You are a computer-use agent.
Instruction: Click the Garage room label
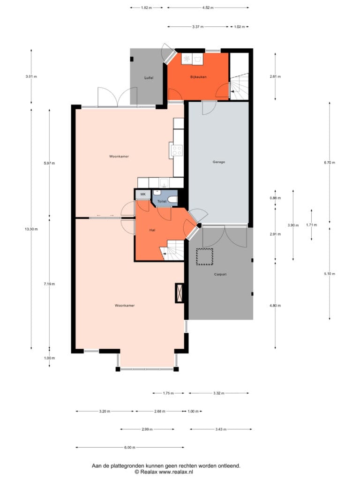click(218, 162)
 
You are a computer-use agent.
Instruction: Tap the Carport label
click(220, 274)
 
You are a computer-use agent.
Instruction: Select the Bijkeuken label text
click(198, 77)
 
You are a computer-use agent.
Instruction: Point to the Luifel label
click(149, 78)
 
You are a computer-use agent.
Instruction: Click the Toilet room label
click(162, 202)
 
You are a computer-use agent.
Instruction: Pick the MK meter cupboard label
click(143, 195)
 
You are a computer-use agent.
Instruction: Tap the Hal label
click(152, 230)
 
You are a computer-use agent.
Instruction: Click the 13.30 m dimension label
click(31, 229)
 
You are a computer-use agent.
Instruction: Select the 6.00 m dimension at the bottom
click(129, 448)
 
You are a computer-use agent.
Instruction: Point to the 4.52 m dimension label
click(208, 7)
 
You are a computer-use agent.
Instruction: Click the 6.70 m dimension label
click(330, 163)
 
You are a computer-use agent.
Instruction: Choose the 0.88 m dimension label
click(275, 198)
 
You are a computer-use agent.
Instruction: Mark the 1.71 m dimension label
click(312, 225)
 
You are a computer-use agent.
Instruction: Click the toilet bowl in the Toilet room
click(173, 200)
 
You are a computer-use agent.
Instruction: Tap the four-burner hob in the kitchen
click(177, 150)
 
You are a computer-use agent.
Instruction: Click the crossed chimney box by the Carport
click(180, 293)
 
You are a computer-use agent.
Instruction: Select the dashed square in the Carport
click(204, 256)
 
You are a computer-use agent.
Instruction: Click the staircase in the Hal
click(172, 250)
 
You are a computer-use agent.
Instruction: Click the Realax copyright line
click(164, 472)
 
